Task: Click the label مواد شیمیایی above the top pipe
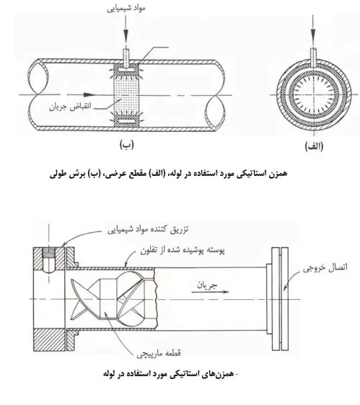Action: click(x=126, y=8)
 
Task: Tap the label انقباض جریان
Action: click(x=71, y=107)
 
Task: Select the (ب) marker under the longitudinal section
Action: click(x=127, y=145)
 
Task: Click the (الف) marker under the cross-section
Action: click(x=315, y=146)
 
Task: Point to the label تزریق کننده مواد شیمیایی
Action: click(x=148, y=229)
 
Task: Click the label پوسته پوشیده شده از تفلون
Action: click(x=183, y=250)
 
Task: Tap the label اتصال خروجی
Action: click(x=325, y=267)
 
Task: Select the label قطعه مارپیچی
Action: click(x=159, y=353)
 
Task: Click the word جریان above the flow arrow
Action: click(x=207, y=285)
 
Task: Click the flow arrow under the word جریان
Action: click(x=210, y=292)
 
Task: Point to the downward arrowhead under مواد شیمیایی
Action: click(x=126, y=35)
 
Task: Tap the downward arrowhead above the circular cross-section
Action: click(x=313, y=35)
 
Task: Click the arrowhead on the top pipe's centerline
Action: click(x=89, y=94)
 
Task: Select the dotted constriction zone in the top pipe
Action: click(x=127, y=96)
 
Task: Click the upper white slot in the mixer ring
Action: click(x=126, y=70)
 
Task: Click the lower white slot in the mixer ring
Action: click(x=126, y=121)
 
